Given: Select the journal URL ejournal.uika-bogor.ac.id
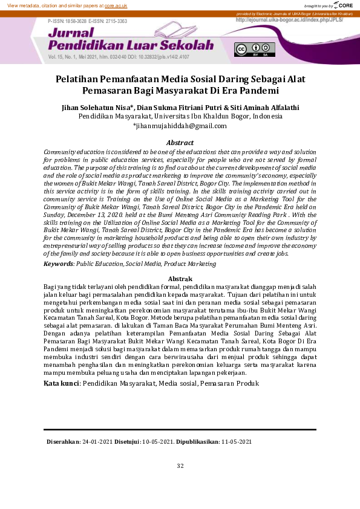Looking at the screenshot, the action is pos(289,19).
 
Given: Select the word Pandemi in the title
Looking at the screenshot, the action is pos(258,91).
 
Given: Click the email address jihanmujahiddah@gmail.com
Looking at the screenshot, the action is pos(180,126).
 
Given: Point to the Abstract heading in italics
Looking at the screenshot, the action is pos(180,143).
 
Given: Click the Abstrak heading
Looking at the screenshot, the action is pos(180,278).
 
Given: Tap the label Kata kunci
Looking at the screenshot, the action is pos(61,383).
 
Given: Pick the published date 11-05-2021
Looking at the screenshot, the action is pos(237,442).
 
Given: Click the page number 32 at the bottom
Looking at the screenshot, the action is pos(180,465).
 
